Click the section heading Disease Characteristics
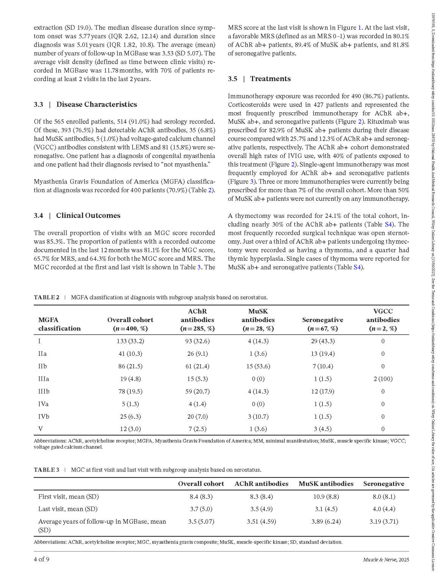tap(96, 105)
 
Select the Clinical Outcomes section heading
tap(88, 216)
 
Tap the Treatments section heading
tap(270, 79)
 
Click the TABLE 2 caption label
tap(47, 297)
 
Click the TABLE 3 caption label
tap(47, 470)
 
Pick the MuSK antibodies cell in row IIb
tap(258, 366)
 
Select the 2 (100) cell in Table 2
tap(383, 379)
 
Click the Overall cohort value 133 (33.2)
tap(130, 341)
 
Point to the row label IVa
tap(43, 404)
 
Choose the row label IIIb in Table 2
tap(44, 391)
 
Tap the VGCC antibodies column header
tap(383, 320)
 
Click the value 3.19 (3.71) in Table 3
tap(384, 521)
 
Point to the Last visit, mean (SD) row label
tap(68, 509)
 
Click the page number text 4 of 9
tap(41, 560)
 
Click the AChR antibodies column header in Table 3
tap(261, 484)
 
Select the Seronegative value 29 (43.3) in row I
tap(322, 341)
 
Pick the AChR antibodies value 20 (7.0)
tap(197, 416)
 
